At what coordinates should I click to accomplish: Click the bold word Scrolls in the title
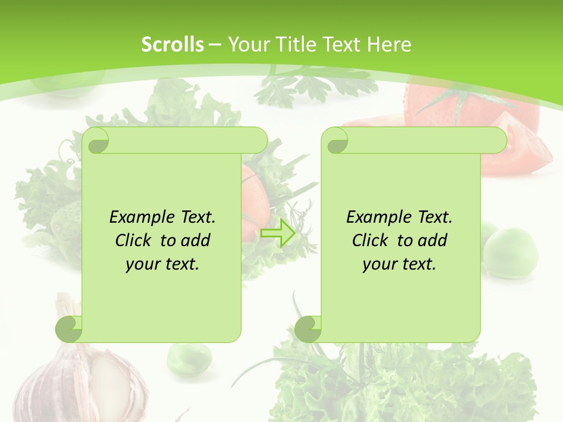tap(172, 45)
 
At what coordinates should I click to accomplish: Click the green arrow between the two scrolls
tap(277, 233)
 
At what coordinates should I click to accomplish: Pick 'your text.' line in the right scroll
tap(399, 264)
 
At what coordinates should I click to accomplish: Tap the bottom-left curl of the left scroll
tap(69, 329)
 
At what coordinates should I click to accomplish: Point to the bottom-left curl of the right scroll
tap(307, 329)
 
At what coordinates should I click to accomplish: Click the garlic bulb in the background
tap(82, 381)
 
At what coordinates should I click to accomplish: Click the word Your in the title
tap(247, 45)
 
